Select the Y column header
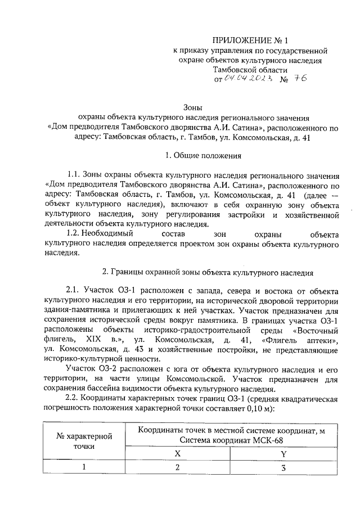[x=284, y=453]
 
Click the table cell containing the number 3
[x=284, y=467]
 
